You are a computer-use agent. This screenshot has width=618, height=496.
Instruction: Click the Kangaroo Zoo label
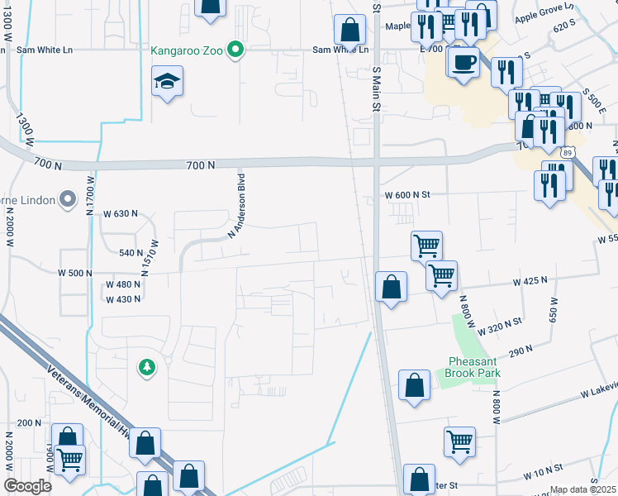point(188,50)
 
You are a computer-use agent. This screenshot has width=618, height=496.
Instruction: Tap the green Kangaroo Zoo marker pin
point(235,50)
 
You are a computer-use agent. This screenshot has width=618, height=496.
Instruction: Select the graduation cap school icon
point(168,82)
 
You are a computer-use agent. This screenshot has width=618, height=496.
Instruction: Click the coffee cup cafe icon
point(464,61)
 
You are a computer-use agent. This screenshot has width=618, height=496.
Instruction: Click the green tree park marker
point(147,366)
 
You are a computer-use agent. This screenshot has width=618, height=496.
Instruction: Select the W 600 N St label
point(408,195)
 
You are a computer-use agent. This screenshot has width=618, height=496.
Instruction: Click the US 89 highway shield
point(565,152)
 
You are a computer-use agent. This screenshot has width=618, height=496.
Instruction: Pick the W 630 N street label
point(121,213)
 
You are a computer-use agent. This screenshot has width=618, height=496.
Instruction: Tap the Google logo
point(27,486)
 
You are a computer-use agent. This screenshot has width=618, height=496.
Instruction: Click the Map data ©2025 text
point(582,489)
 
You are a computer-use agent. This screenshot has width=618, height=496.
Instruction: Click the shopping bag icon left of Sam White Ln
point(350,30)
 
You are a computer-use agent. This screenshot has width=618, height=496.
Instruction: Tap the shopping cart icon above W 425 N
point(426,245)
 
